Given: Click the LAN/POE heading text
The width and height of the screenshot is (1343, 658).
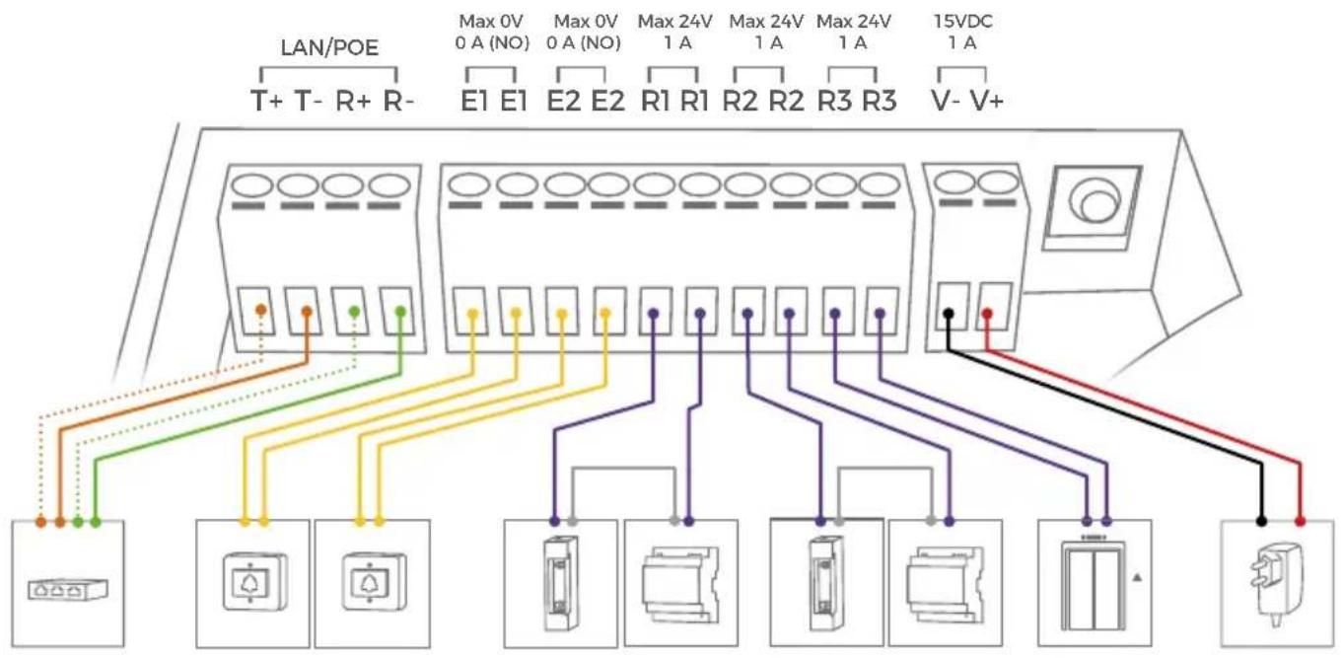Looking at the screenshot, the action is (329, 47).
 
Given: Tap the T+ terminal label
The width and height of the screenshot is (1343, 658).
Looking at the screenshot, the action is (267, 101).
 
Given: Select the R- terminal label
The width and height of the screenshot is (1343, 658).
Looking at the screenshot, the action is (398, 101).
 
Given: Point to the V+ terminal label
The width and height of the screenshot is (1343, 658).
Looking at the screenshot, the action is (987, 101).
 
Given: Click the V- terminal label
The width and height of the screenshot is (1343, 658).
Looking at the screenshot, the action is (946, 101).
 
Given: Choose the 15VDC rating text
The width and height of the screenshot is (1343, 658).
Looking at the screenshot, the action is (963, 22).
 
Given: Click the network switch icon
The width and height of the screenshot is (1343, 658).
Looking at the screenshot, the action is (68, 589).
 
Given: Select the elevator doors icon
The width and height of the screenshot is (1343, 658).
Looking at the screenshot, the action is (1093, 585).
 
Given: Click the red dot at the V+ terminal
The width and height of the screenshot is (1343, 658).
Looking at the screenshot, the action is (987, 313).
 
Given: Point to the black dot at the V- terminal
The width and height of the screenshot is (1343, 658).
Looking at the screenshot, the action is (949, 313).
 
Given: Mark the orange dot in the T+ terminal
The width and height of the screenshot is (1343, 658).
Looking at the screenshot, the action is (260, 310).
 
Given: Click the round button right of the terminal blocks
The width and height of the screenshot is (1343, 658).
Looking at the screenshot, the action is (1094, 203).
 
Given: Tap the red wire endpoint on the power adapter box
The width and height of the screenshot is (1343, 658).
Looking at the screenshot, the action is (1300, 521).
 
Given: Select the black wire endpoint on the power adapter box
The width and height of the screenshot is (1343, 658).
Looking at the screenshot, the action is (1261, 521).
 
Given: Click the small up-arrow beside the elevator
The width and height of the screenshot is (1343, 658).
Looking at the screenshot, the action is (1137, 578).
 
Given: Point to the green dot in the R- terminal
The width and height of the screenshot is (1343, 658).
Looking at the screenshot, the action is (401, 312).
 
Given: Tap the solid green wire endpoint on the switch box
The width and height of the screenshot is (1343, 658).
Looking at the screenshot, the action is (96, 523).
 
